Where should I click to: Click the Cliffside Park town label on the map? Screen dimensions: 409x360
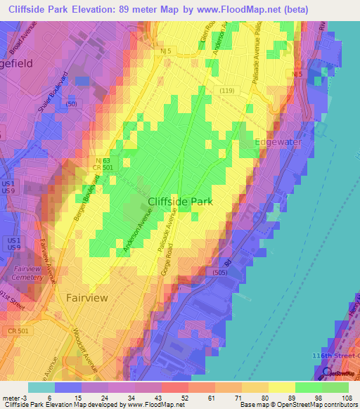180,202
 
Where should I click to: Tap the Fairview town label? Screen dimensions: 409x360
87,297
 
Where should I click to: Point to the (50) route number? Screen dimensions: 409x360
70,104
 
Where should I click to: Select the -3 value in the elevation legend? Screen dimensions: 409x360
26,398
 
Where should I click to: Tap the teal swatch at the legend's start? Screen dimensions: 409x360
41,387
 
